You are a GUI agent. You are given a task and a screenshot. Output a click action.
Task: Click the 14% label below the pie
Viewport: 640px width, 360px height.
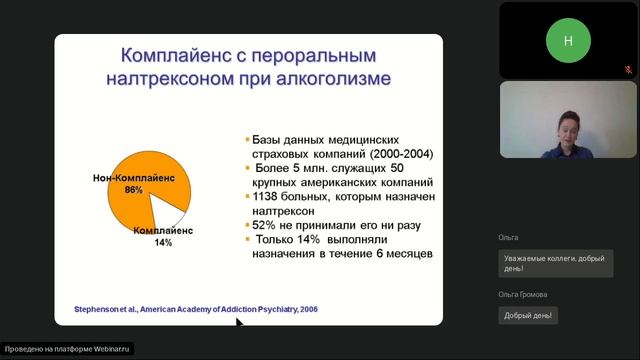[162, 243]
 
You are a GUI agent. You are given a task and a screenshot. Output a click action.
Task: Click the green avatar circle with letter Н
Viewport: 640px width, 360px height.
[568, 41]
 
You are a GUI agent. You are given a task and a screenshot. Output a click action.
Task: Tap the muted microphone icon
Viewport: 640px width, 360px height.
[628, 70]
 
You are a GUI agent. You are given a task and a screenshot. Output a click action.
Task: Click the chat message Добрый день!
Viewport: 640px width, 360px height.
[529, 315]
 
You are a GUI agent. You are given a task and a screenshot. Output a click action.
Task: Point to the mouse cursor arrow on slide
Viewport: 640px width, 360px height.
[238, 322]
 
